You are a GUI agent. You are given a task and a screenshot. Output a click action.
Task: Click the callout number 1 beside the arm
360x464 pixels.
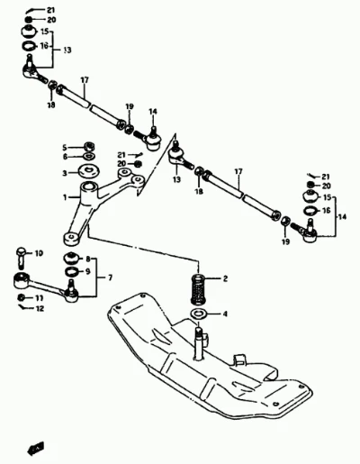[x=65, y=197]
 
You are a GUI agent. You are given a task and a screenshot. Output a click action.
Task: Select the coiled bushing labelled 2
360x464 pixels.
[x=198, y=288]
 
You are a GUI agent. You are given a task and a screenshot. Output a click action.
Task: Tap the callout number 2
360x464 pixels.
[x=225, y=278]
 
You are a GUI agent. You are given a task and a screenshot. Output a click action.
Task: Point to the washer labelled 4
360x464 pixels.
[x=198, y=314]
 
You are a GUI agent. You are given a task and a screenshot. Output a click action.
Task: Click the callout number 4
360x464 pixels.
[x=225, y=314]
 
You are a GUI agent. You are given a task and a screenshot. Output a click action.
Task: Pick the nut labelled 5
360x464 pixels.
[x=89, y=147]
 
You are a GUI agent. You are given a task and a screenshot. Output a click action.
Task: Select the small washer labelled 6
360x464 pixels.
[x=89, y=156]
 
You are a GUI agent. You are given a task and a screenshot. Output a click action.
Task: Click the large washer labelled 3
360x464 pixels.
[x=89, y=172]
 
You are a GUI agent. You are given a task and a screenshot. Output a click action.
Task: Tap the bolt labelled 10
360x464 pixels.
[x=21, y=258]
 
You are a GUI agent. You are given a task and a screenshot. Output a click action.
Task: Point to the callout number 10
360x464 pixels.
[x=39, y=253]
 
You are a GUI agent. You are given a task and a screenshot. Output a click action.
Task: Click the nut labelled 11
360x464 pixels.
[x=22, y=297]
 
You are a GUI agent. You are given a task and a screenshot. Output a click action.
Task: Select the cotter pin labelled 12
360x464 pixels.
[x=22, y=306]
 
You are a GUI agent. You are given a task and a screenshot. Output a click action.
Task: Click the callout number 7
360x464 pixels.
[x=110, y=277]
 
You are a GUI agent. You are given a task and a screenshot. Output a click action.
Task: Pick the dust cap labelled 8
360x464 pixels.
[x=71, y=258]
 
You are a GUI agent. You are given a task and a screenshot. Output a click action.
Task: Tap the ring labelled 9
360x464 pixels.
[x=72, y=271]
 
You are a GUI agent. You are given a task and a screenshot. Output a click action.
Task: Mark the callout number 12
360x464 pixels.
[x=40, y=308]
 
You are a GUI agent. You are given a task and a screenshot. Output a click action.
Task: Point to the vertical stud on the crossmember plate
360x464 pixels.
[x=199, y=343]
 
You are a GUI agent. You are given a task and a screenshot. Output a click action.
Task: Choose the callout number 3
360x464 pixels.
[x=65, y=173]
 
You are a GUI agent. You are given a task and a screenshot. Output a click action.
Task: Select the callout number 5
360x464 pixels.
[x=64, y=148]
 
